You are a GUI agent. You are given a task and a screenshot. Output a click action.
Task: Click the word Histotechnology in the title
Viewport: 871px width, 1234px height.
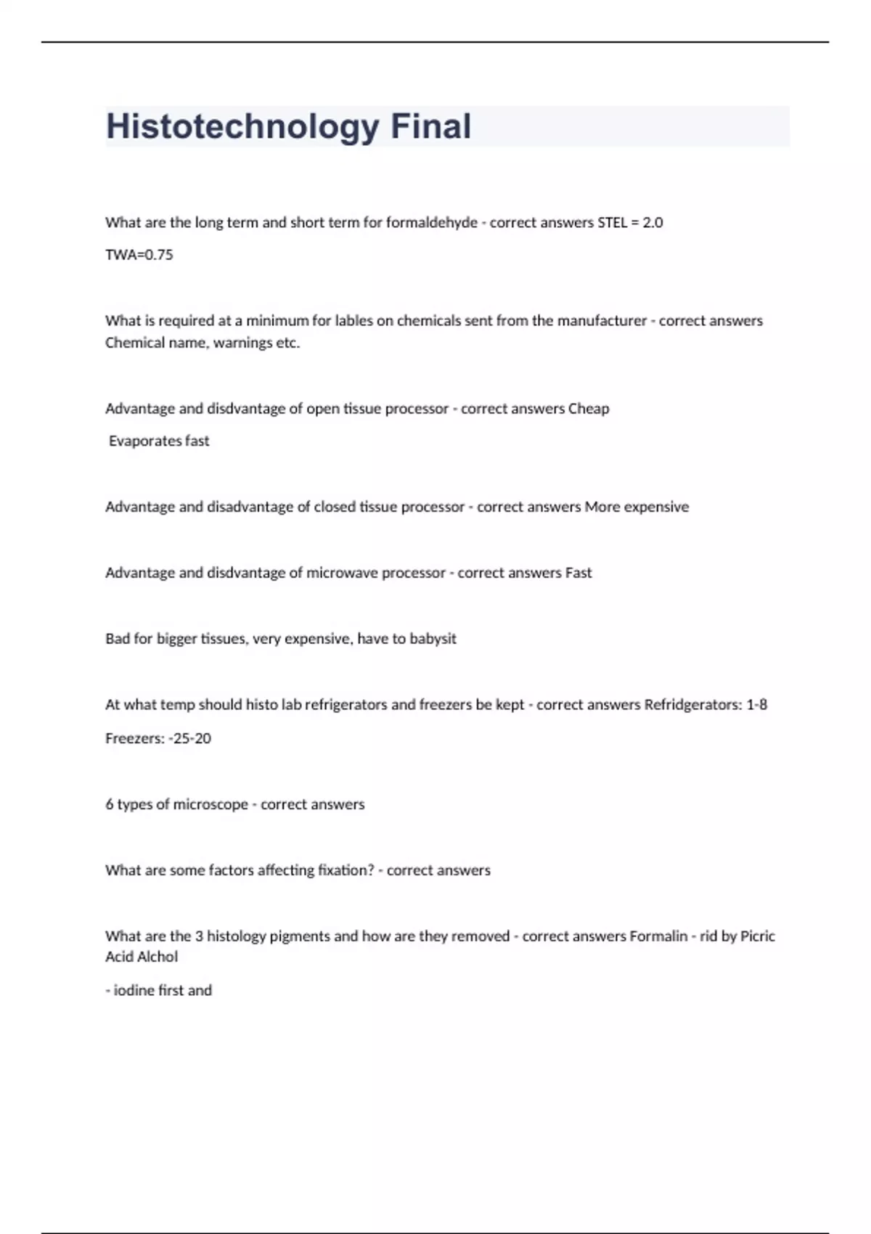coord(242,127)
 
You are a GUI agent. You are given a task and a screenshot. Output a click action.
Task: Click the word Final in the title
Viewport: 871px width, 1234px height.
coord(431,127)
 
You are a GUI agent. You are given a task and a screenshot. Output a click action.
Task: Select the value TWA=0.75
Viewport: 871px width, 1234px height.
coord(139,255)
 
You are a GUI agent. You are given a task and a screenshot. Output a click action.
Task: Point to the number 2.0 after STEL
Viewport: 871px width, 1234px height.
coord(653,223)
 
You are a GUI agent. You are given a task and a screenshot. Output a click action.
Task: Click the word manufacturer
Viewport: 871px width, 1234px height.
coord(602,321)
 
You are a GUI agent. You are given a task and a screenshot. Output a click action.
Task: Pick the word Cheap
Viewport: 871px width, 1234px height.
coord(589,409)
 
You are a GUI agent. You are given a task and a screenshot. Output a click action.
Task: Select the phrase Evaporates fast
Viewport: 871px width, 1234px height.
coord(159,441)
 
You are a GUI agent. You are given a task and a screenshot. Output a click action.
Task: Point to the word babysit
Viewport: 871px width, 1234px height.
coord(433,639)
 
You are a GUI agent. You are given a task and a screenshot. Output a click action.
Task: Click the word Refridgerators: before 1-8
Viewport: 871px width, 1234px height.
coord(693,705)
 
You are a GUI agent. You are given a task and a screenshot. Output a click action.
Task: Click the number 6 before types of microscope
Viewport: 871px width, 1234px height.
coord(110,804)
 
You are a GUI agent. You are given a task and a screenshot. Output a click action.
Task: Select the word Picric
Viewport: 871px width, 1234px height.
coord(757,936)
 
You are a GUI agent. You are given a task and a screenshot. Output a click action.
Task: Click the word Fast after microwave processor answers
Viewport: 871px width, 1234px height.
coord(578,573)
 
